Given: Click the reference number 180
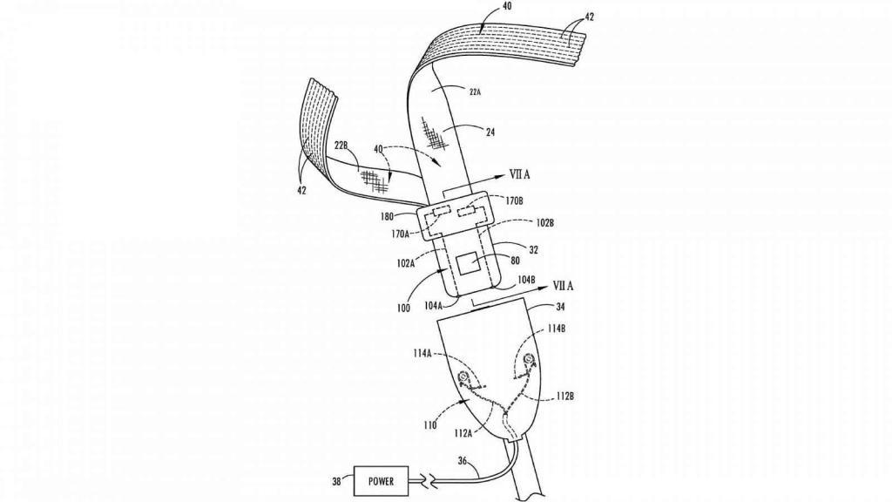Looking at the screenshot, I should (402, 214).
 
